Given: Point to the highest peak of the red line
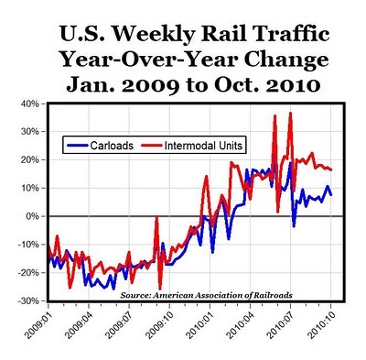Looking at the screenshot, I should (x=290, y=114).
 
